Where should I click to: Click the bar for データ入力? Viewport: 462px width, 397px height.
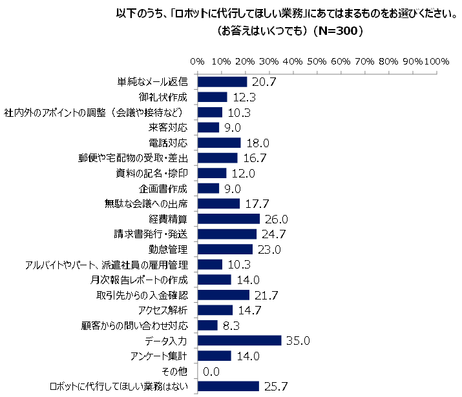tap(239, 340)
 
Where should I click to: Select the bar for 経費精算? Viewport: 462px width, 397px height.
tap(228, 219)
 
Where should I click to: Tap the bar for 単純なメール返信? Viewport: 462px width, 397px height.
tap(222, 82)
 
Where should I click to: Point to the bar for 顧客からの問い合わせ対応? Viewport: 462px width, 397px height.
tap(207, 325)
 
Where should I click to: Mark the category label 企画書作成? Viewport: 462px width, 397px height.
tap(163, 188)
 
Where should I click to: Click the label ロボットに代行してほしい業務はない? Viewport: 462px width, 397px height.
tap(119, 386)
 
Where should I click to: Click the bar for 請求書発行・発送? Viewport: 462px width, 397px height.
tap(227, 234)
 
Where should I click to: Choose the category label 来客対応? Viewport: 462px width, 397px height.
tap(171, 127)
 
